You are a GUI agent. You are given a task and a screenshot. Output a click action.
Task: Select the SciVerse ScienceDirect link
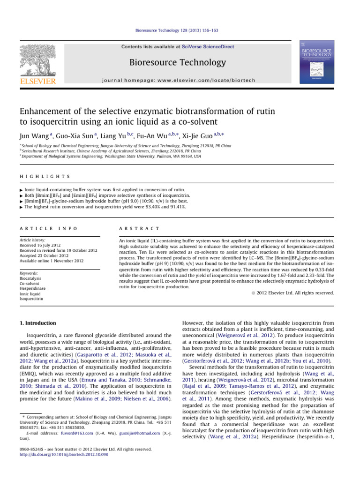coord(196,46)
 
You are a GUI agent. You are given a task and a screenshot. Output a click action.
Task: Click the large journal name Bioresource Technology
coord(180,62)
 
